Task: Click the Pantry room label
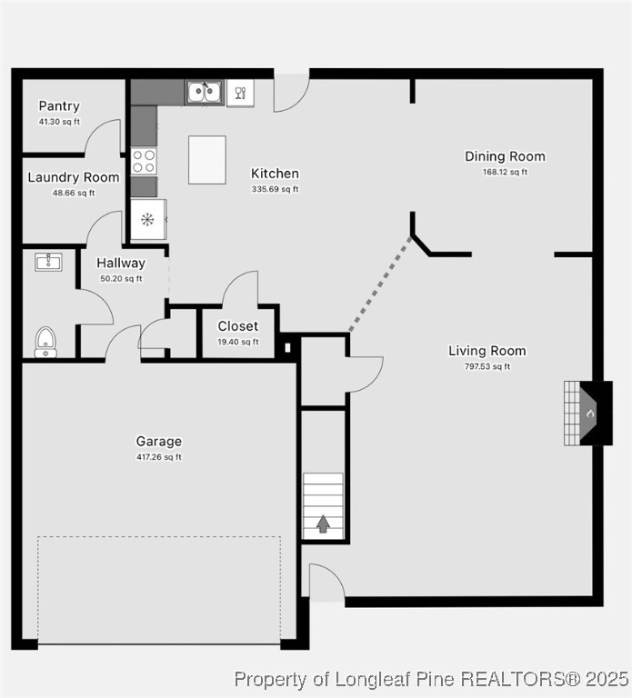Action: click(59, 106)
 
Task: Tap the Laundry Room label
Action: click(74, 177)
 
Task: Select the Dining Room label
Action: click(505, 156)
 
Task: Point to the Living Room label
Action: click(487, 351)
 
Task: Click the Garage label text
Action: click(159, 442)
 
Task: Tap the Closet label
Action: click(238, 326)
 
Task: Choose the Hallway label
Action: click(121, 264)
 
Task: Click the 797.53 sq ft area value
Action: click(487, 367)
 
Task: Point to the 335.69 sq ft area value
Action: click(275, 189)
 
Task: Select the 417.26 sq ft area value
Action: click(159, 457)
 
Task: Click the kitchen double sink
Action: click(205, 93)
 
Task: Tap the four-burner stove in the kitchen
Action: click(144, 161)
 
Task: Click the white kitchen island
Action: click(207, 160)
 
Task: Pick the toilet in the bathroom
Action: click(45, 343)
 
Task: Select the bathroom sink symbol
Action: click(48, 263)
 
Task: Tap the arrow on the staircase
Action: click(323, 523)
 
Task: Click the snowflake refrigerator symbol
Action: click(147, 219)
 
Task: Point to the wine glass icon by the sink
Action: click(241, 92)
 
